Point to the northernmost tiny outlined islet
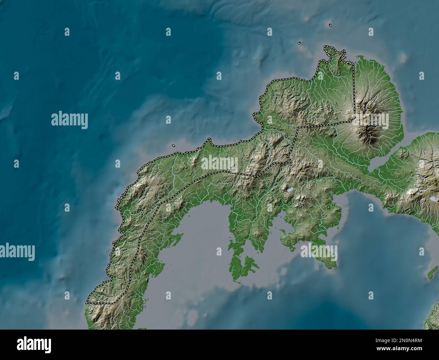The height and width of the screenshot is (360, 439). coord(330,25)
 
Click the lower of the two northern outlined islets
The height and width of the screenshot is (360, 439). coord(299,43)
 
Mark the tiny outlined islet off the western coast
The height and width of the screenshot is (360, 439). coord(173,146)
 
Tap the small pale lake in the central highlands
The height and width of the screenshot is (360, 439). coord(289,191)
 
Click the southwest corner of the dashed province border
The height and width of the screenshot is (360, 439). coord(87,303)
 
